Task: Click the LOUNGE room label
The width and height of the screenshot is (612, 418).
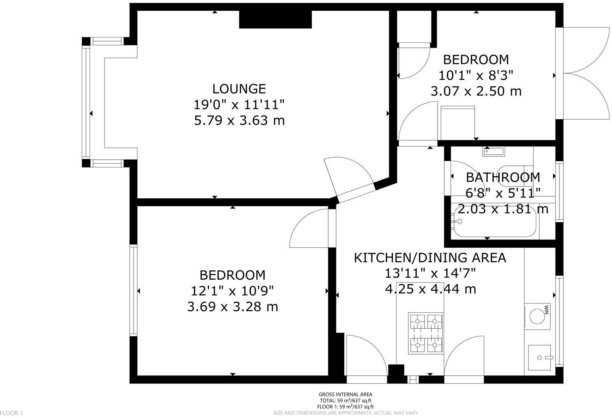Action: pyautogui.click(x=239, y=89)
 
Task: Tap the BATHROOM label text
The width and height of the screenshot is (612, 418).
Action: pyautogui.click(x=503, y=177)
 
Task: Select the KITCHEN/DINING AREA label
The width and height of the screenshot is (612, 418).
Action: pyautogui.click(x=430, y=258)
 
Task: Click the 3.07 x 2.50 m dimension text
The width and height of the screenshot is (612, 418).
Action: pyautogui.click(x=476, y=91)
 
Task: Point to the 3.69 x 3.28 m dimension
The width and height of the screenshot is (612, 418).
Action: pyautogui.click(x=232, y=307)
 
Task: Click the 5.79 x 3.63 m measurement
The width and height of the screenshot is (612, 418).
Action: pyautogui.click(x=239, y=121)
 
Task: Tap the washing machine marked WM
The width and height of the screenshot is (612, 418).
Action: pyautogui.click(x=537, y=317)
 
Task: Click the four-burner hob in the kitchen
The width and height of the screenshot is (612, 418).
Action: pyautogui.click(x=426, y=333)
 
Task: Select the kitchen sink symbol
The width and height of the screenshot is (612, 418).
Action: pyautogui.click(x=539, y=358)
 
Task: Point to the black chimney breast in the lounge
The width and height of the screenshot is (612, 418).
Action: pyautogui.click(x=275, y=19)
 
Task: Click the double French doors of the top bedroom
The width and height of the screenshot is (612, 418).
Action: pyautogui.click(x=584, y=74)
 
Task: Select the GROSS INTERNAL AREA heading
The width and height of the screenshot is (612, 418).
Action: pyautogui.click(x=345, y=395)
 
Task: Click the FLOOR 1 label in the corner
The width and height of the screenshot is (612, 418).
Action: pyautogui.click(x=12, y=413)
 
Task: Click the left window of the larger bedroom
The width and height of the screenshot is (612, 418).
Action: pyautogui.click(x=133, y=290)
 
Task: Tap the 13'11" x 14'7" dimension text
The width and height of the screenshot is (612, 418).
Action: pyautogui.click(x=430, y=273)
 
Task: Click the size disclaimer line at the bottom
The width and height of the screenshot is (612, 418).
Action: pyautogui.click(x=345, y=413)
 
